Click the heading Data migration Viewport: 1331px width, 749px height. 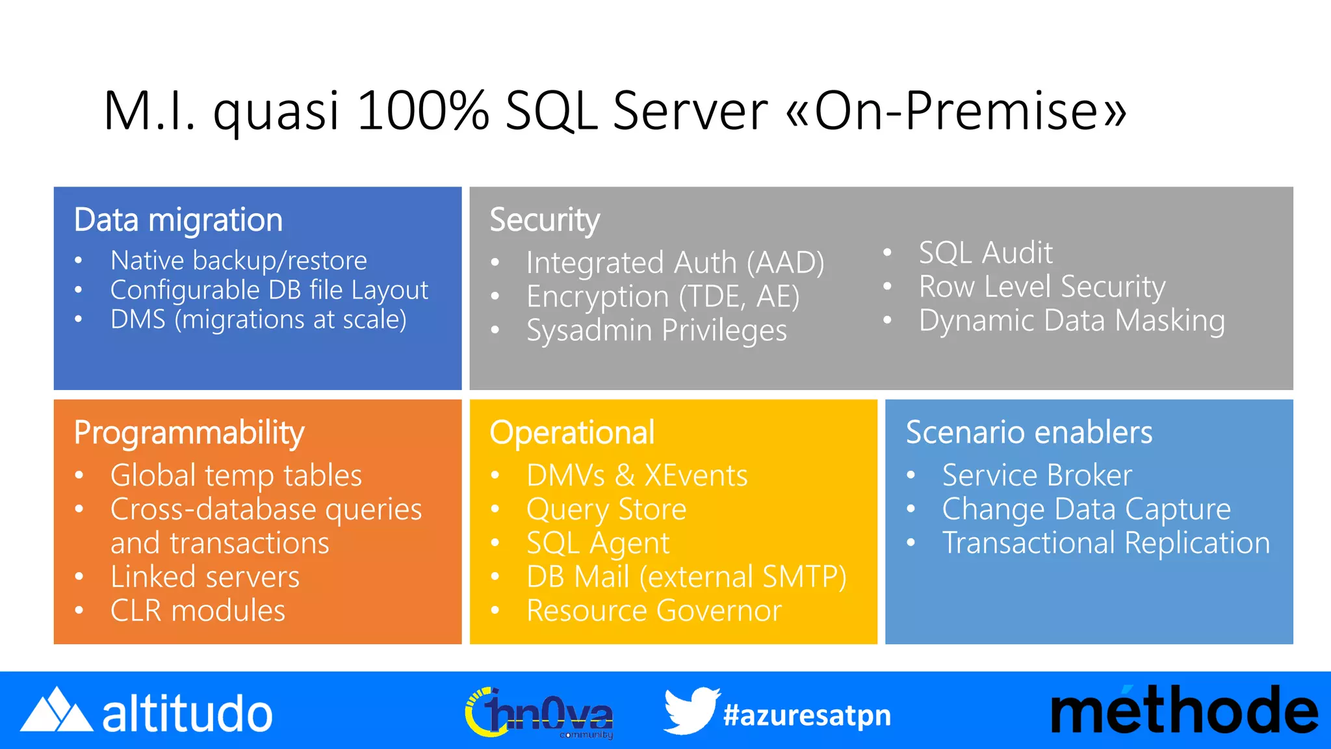click(x=178, y=220)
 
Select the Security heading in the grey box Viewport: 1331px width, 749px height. click(x=545, y=220)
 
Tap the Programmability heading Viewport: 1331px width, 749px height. click(x=189, y=432)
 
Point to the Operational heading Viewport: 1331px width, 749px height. click(x=572, y=432)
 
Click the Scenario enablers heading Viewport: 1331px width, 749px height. click(x=1029, y=432)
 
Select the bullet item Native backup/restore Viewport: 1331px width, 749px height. click(x=239, y=260)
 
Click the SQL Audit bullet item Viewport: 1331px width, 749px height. click(x=985, y=252)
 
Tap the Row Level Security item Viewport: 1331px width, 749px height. click(x=1042, y=286)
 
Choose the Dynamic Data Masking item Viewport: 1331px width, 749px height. click(x=1072, y=321)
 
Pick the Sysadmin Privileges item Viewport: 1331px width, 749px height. click(x=656, y=330)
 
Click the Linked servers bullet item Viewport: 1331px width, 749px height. click(x=205, y=577)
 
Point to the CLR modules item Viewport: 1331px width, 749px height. click(x=198, y=611)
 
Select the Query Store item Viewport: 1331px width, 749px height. click(x=606, y=509)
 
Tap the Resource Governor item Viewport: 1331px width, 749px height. click(x=654, y=611)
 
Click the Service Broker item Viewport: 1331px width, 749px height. click(x=1037, y=475)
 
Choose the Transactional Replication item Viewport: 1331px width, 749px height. click(x=1105, y=543)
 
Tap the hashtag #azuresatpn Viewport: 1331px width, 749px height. click(x=807, y=715)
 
